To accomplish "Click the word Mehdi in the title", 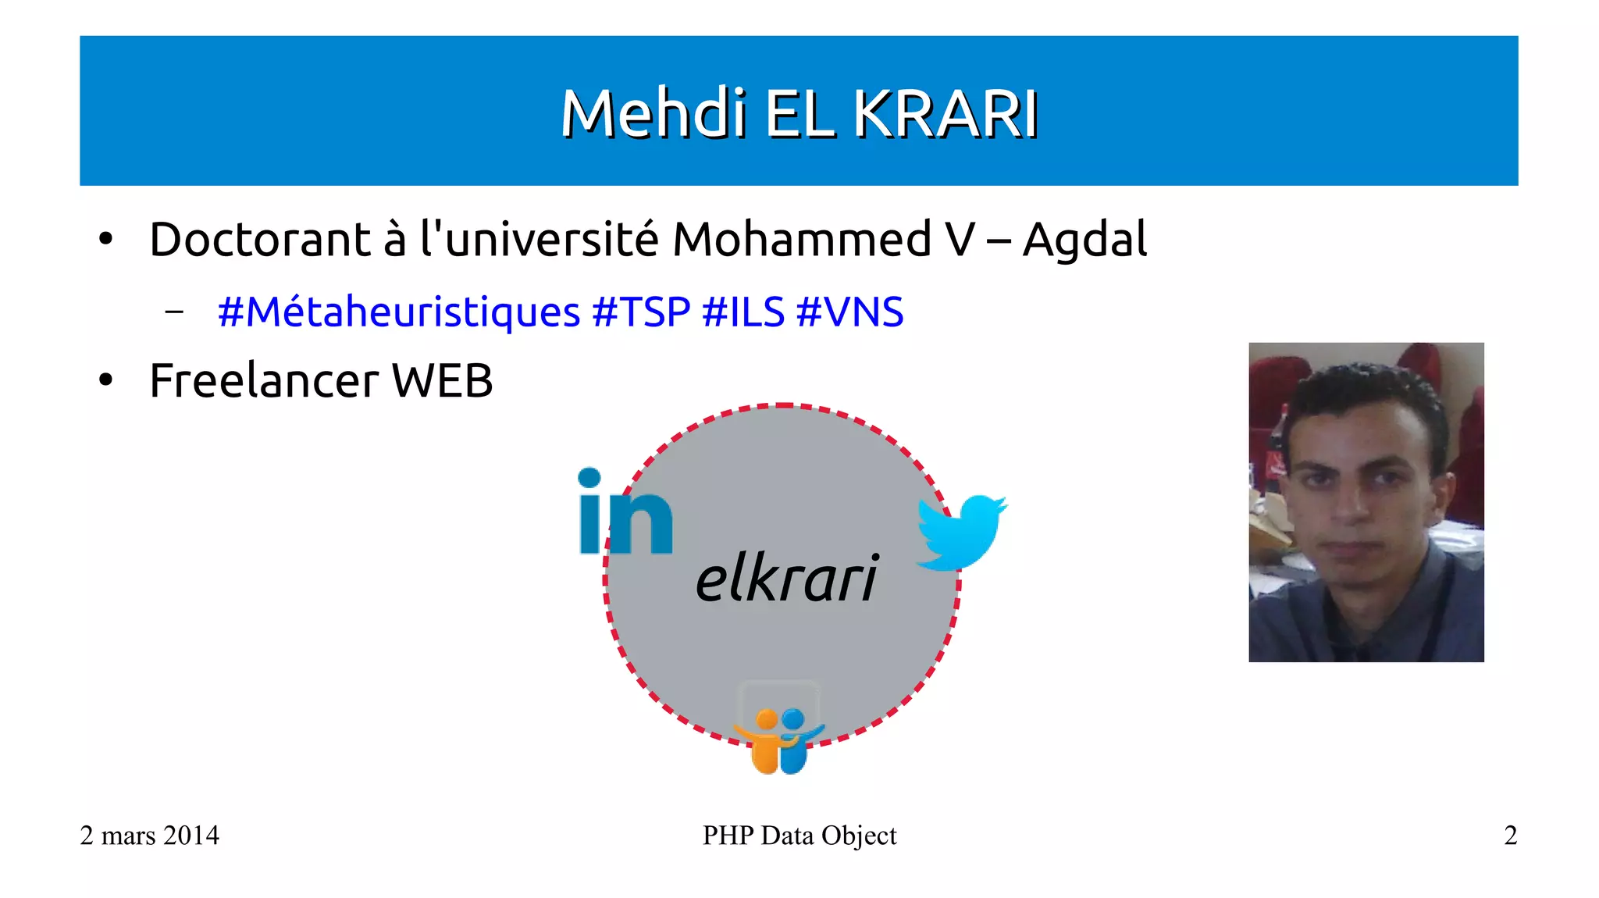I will click(653, 114).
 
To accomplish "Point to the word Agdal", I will click(1084, 241).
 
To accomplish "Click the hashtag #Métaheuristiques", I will click(398, 312).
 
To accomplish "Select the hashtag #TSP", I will click(641, 312).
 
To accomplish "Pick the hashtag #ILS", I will click(743, 312).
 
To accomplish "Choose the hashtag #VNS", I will click(849, 312).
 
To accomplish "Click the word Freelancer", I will click(264, 381).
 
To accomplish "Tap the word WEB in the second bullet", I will click(442, 381).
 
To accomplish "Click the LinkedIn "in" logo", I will click(624, 513).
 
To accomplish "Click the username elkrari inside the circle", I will click(787, 579).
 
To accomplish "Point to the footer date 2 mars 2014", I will click(149, 836).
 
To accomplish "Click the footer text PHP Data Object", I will click(799, 836).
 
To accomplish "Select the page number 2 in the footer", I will click(1510, 836).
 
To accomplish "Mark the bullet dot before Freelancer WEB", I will click(106, 381).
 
